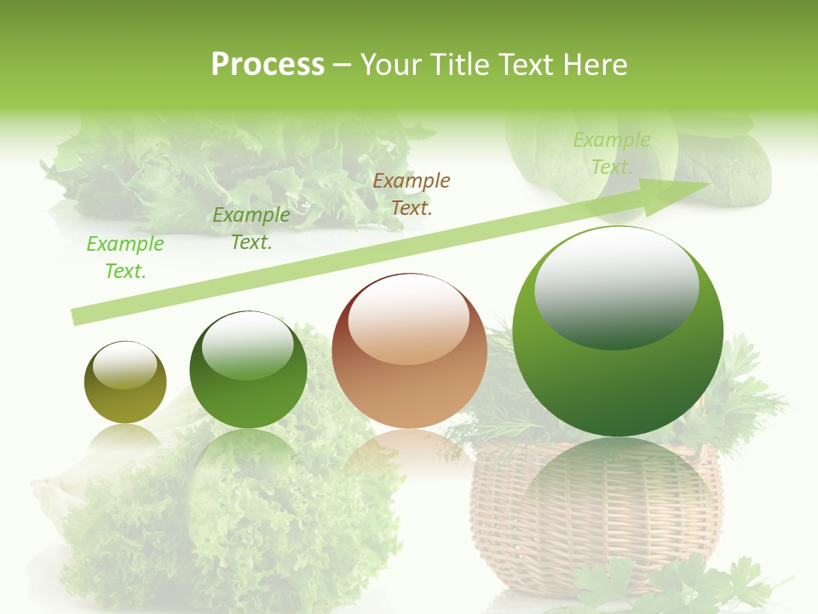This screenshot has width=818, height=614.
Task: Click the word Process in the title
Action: coord(268,65)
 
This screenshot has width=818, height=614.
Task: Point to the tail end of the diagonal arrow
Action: coord(78,316)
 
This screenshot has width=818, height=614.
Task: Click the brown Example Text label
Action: coord(412,194)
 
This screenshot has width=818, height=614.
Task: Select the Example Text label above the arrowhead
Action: coord(612,153)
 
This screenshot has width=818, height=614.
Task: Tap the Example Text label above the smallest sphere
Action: coord(125,258)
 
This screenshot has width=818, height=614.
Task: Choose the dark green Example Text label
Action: coord(251,229)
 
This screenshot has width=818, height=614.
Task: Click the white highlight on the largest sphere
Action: coord(616,287)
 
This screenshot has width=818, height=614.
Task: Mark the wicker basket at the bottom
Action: coord(588,520)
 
